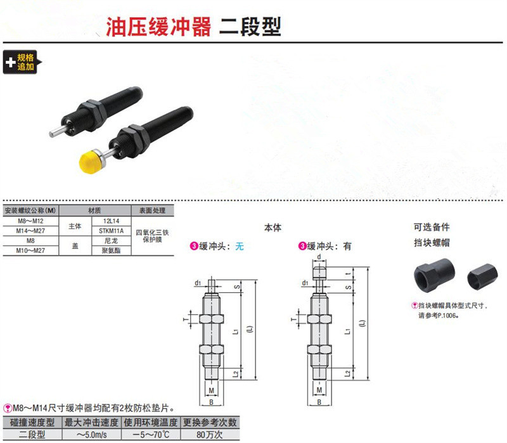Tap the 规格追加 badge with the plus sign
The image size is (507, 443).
click(22, 62)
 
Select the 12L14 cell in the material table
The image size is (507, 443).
click(112, 221)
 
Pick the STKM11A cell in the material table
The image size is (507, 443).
click(112, 231)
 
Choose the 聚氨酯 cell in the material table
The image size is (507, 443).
click(112, 250)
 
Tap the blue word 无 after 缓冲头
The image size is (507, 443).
click(239, 247)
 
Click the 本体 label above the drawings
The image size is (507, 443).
click(272, 228)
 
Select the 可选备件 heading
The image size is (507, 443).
click(430, 228)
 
